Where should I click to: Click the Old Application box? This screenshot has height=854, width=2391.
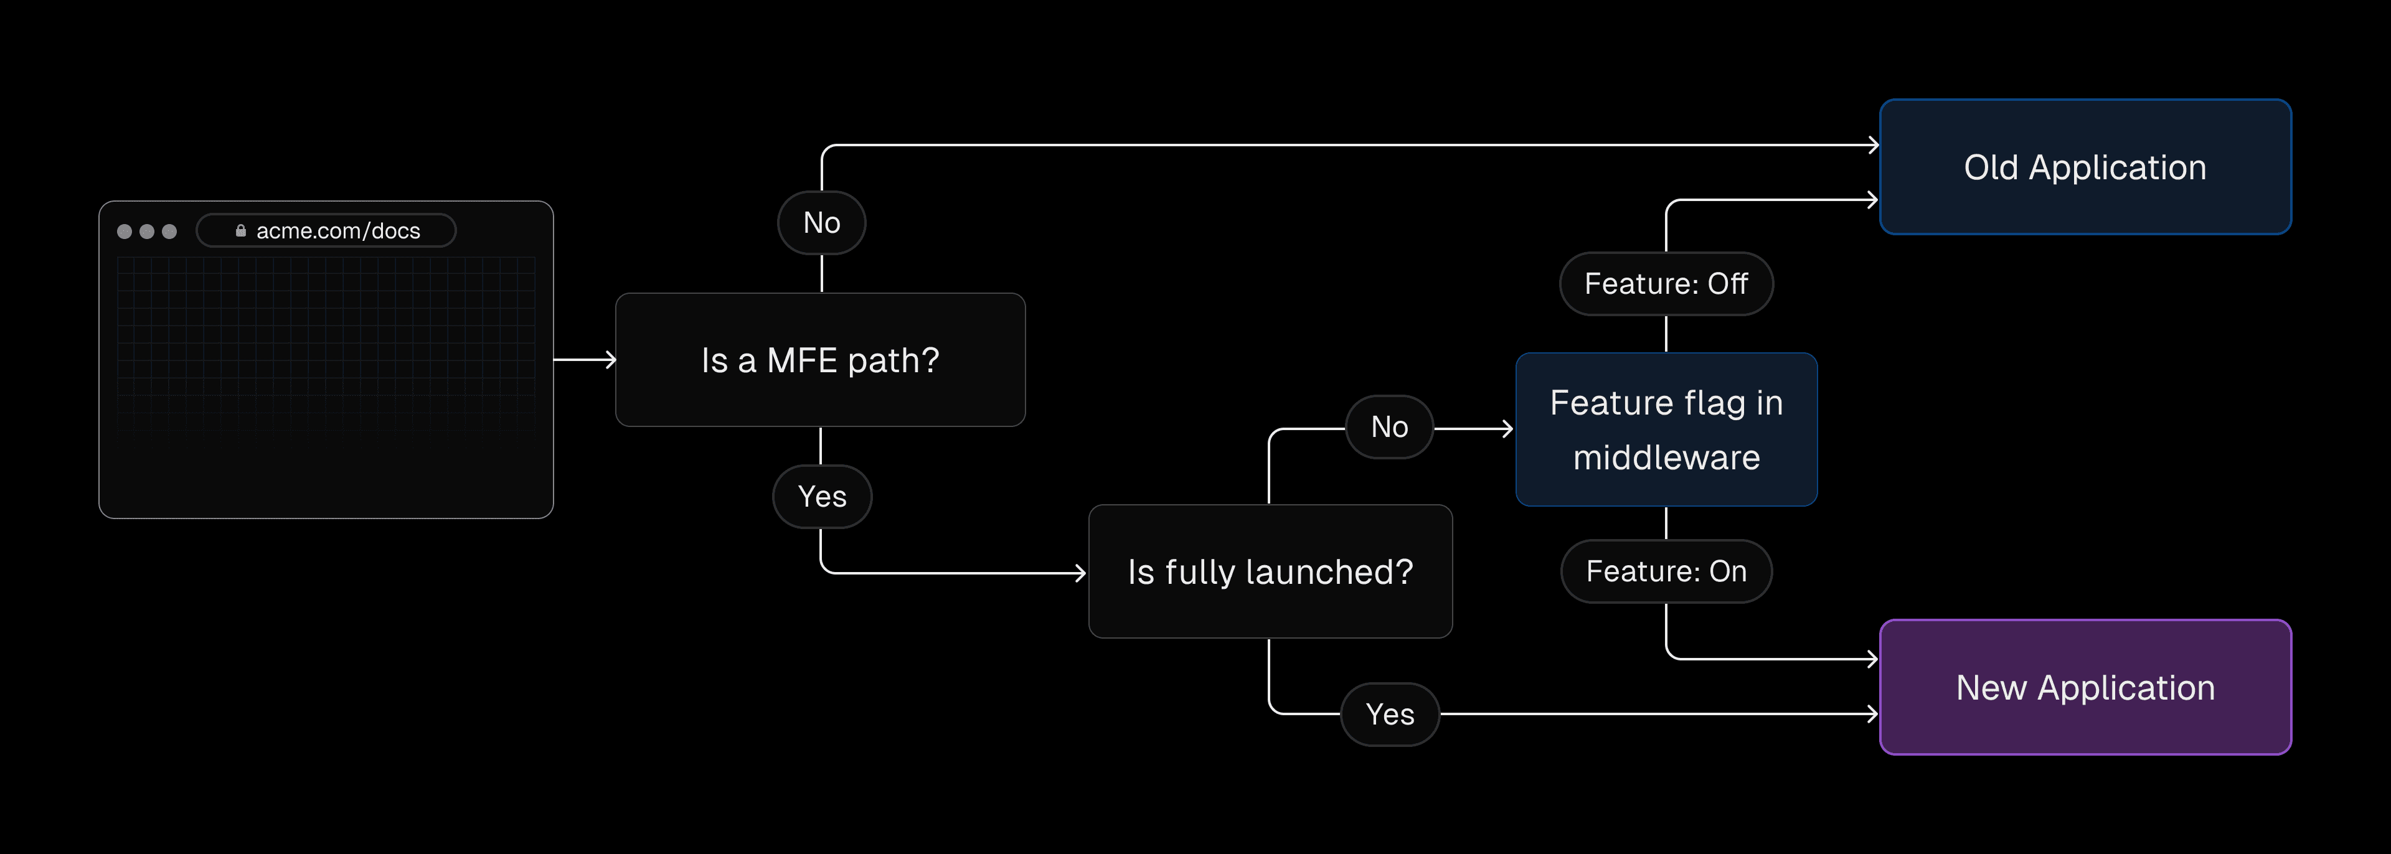[x=2085, y=167]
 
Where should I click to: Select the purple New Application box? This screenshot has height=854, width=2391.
[x=2085, y=687]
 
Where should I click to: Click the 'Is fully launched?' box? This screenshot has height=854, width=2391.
[x=1270, y=572]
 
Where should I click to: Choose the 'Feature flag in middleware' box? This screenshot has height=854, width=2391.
[x=1666, y=429]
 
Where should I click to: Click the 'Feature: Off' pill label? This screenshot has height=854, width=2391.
[x=1666, y=283]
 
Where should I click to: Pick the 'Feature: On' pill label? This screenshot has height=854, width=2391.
[x=1666, y=571]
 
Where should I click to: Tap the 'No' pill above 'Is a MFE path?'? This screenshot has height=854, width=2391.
[x=821, y=223]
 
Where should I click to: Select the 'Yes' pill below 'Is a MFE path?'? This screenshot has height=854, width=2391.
[x=821, y=497]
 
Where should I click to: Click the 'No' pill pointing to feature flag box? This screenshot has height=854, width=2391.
[x=1390, y=427]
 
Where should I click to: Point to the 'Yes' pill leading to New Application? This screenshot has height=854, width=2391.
[x=1390, y=714]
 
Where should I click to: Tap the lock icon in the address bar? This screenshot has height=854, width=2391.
[x=240, y=230]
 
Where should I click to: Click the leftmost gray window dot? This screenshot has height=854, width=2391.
[x=125, y=231]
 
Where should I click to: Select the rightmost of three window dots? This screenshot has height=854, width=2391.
[x=169, y=231]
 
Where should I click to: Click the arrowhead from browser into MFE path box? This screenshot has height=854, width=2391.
[x=611, y=359]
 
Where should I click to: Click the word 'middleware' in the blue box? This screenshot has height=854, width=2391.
[x=1666, y=457]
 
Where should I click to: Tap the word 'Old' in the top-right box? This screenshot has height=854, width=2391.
[x=1991, y=167]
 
